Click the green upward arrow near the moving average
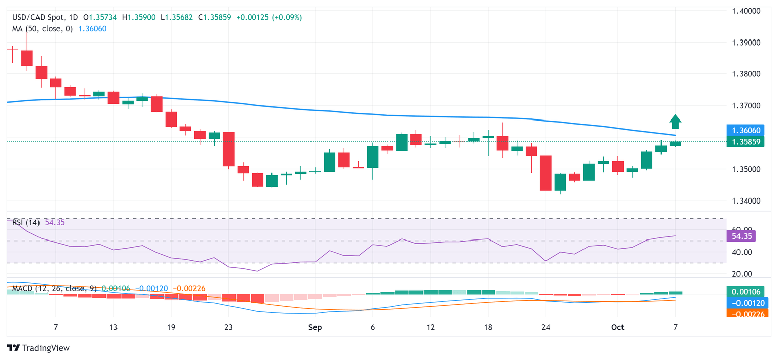point(675,122)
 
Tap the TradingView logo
point(38,348)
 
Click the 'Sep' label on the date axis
point(315,327)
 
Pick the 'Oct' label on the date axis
point(617,327)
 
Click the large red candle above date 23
point(228,149)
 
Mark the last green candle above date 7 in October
point(675,144)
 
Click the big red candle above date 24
point(546,173)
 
